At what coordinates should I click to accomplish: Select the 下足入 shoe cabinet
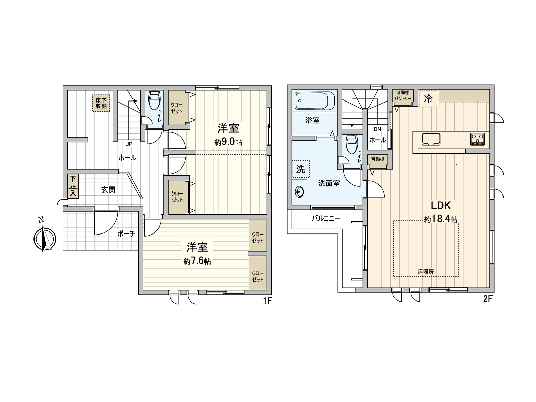(73, 187)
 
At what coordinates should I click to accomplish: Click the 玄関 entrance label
(108, 190)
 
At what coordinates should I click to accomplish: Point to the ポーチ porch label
(126, 234)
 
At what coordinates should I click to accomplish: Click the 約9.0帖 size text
(228, 142)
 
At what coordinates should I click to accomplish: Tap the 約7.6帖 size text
(197, 261)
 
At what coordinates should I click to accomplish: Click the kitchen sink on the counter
(431, 139)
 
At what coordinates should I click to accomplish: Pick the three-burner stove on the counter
(478, 139)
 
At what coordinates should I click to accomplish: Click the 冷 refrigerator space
(428, 98)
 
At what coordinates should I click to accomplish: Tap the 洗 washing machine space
(301, 169)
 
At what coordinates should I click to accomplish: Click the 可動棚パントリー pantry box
(403, 96)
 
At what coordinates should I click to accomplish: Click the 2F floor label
(488, 299)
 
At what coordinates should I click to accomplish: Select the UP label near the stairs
(129, 144)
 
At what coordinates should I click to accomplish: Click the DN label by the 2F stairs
(377, 129)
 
